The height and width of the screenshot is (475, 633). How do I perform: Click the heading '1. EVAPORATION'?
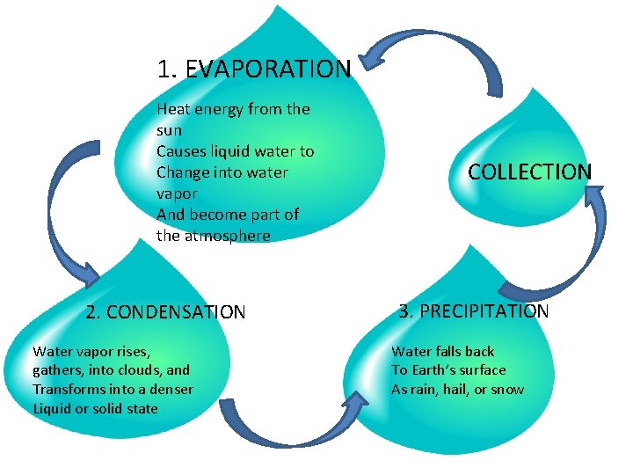coord(253,69)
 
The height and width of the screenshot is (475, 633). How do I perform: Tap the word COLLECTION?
coord(529,172)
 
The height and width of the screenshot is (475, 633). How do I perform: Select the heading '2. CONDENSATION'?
coord(165,311)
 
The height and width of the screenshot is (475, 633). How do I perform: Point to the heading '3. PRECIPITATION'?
coord(474,311)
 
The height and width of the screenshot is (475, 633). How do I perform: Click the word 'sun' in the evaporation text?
coord(169,130)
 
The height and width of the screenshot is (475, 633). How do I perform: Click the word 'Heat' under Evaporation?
coord(172,109)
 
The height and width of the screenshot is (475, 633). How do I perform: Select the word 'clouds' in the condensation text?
coord(140,370)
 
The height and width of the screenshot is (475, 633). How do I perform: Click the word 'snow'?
coord(507,389)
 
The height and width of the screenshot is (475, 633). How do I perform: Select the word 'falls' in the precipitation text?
coord(447,351)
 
